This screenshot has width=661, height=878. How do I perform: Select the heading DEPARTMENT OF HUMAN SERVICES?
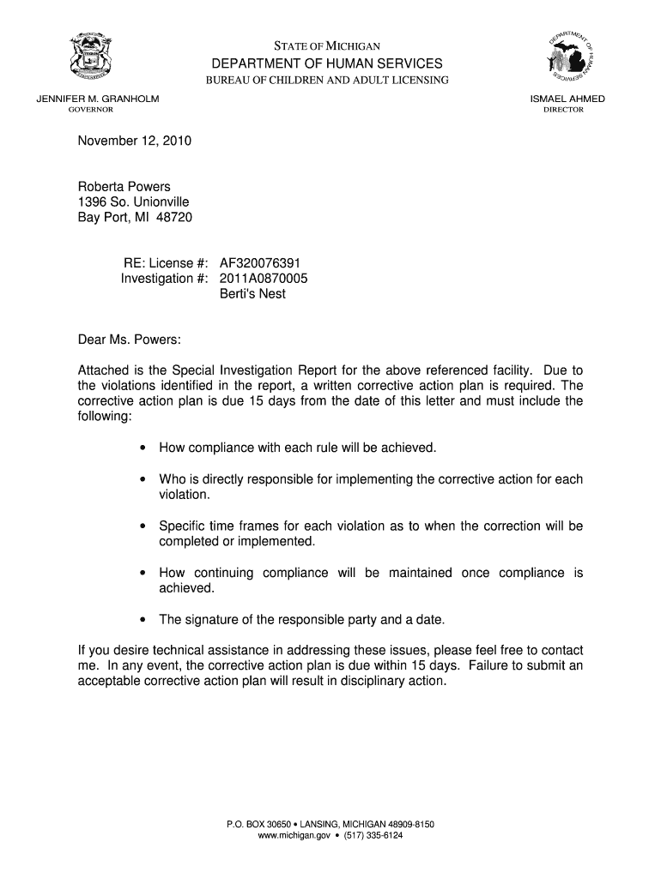pos(328,63)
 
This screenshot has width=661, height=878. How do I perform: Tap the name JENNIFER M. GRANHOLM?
pos(97,99)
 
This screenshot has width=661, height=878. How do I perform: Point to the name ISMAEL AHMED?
pos(567,99)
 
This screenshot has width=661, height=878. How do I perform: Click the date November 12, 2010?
pos(135,140)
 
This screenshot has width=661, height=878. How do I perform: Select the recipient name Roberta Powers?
pos(124,186)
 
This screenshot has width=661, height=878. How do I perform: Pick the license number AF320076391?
pos(261,263)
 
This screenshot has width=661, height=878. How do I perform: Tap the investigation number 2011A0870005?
pos(264,279)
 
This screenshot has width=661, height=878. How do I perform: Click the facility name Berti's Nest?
pos(252,294)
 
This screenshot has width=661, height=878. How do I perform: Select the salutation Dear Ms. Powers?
pos(130,340)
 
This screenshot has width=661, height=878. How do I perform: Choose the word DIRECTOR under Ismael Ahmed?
pos(563,110)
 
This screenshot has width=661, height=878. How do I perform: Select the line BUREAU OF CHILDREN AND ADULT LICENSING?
pos(325,80)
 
